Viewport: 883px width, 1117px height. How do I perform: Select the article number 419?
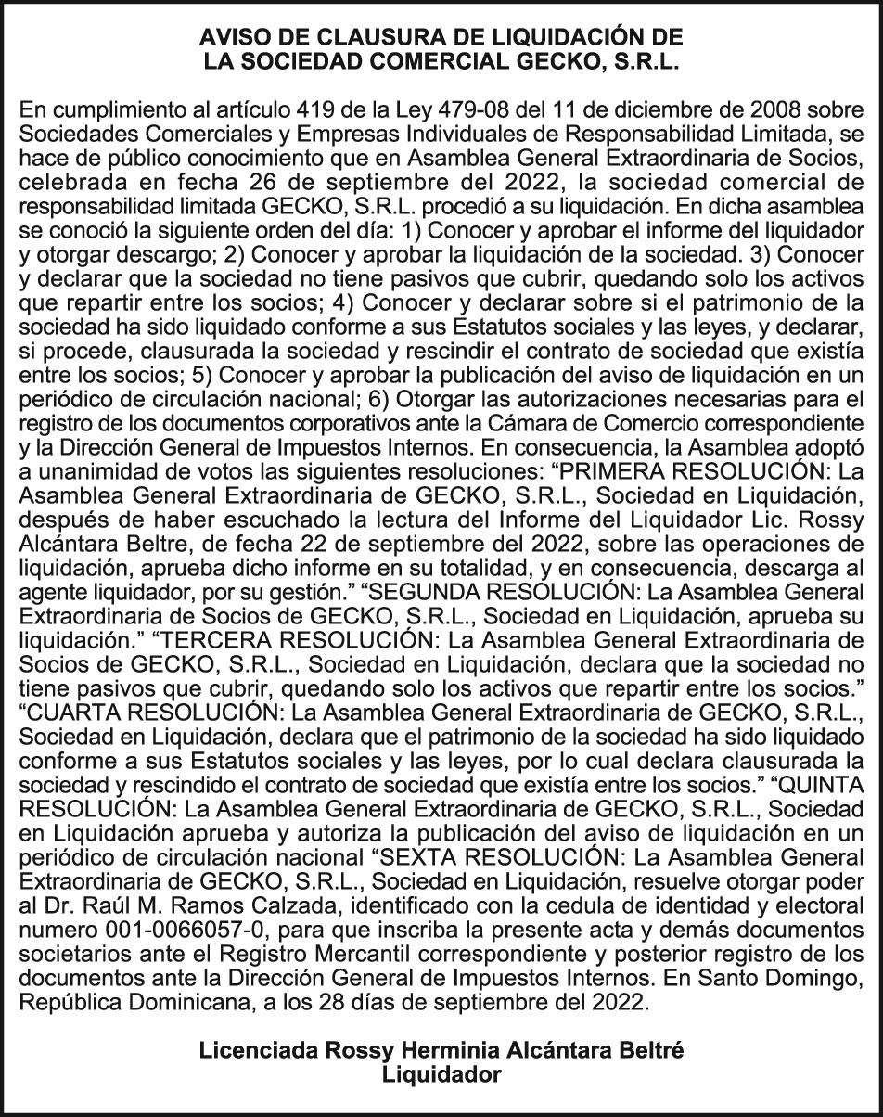click(x=404, y=109)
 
